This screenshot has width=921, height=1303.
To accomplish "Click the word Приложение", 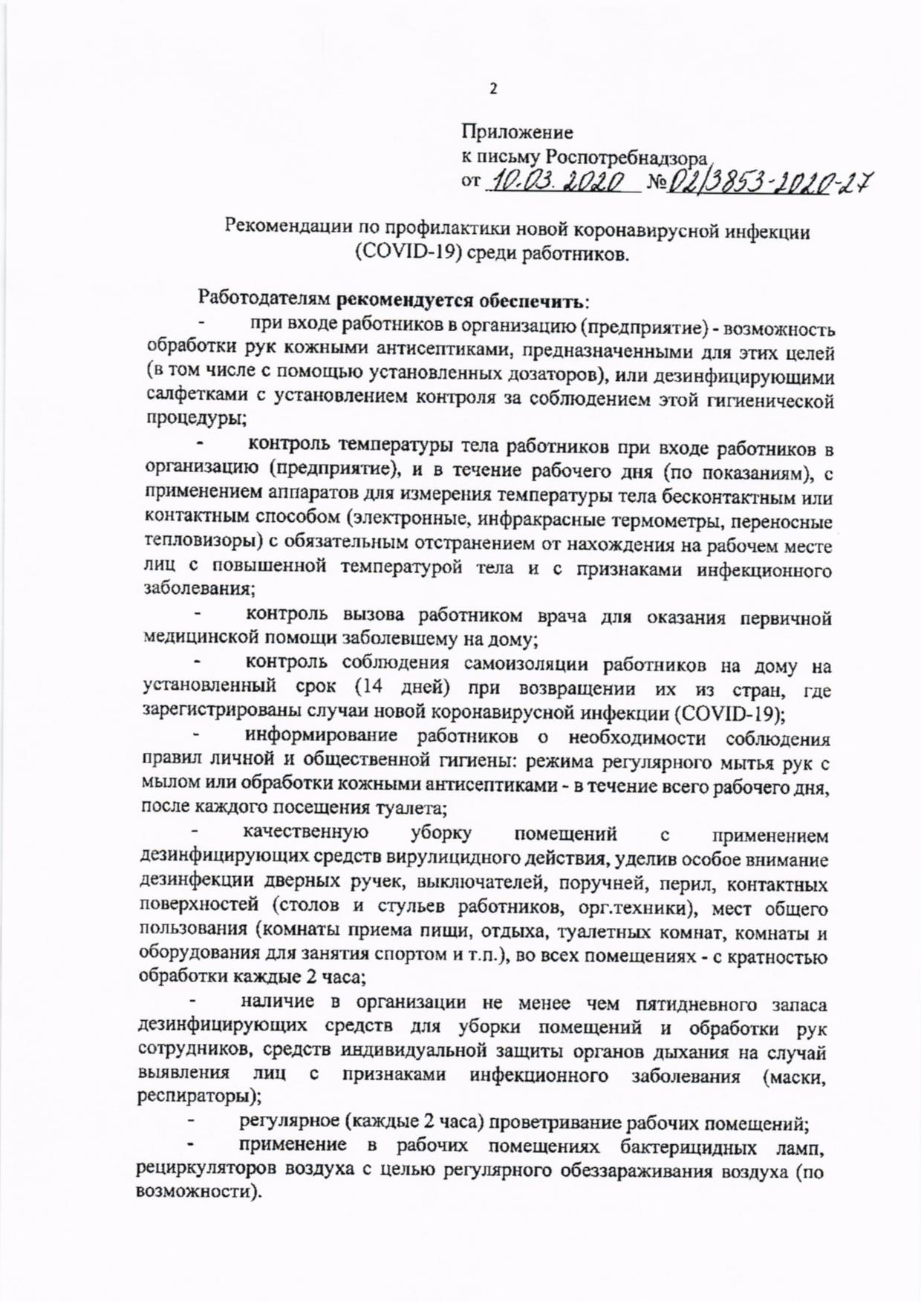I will coord(517,134).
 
